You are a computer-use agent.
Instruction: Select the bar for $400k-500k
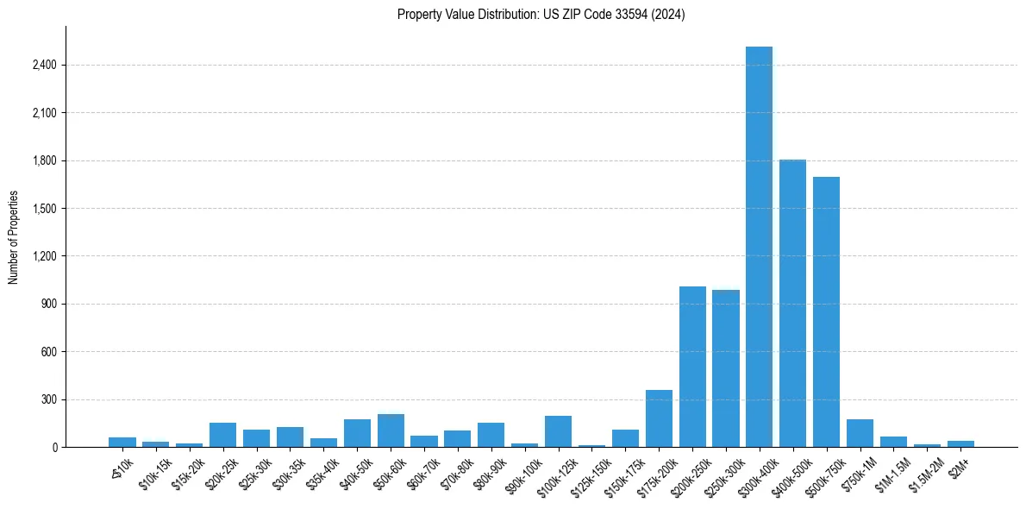pyautogui.click(x=792, y=303)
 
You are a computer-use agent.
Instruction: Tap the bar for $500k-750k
pyautogui.click(x=826, y=311)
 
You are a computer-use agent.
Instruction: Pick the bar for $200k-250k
pyautogui.click(x=692, y=367)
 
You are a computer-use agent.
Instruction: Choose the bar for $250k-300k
pyautogui.click(x=726, y=368)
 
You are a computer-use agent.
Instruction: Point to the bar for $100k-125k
pyautogui.click(x=558, y=431)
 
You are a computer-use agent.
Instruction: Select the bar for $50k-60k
pyautogui.click(x=391, y=430)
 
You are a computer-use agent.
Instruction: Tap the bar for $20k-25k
pyautogui.click(x=222, y=435)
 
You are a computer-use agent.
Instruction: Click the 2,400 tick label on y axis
pyautogui.click(x=45, y=66)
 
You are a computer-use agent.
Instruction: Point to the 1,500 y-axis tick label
pyautogui.click(x=45, y=209)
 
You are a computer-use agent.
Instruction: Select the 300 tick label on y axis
pyautogui.click(x=50, y=400)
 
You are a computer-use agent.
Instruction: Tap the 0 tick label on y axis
pyautogui.click(x=54, y=448)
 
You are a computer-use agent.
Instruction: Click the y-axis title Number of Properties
pyautogui.click(x=14, y=237)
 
